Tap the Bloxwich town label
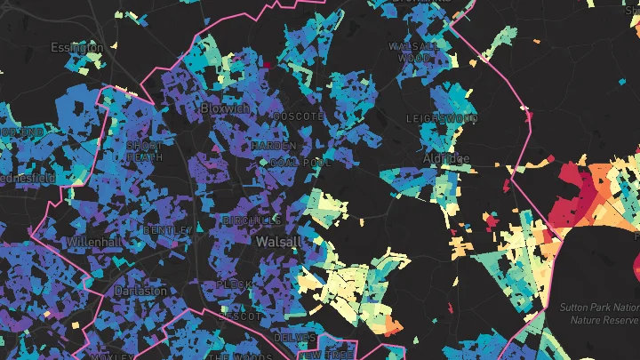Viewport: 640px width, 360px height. click(x=226, y=108)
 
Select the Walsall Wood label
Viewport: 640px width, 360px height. click(x=414, y=52)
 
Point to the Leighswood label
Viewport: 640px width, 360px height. click(x=442, y=118)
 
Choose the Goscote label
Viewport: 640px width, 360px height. click(x=298, y=117)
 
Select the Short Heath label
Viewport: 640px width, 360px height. click(x=145, y=151)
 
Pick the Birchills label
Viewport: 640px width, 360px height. click(x=252, y=220)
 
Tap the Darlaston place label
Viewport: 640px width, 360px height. click(x=140, y=291)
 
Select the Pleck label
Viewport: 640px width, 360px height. click(x=234, y=285)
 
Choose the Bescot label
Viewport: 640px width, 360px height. click(x=240, y=316)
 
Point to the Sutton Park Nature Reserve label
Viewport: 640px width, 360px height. click(x=601, y=312)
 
